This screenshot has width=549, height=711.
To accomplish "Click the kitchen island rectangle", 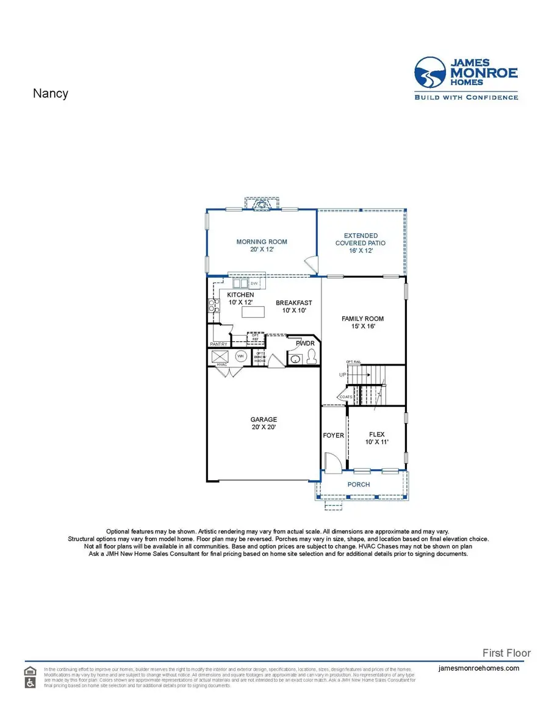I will click(x=254, y=312).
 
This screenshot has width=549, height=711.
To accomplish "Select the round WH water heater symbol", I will click(x=240, y=356).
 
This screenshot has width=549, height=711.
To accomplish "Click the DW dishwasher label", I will click(x=254, y=284).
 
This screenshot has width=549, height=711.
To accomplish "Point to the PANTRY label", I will click(x=218, y=344).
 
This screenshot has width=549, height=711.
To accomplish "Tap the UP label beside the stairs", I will click(x=343, y=374).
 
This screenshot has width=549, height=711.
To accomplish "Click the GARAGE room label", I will click(x=264, y=419).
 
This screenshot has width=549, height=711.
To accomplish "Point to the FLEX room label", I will click(x=376, y=435).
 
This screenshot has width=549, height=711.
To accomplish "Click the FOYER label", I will click(x=333, y=435).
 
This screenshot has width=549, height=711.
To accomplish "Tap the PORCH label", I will click(x=359, y=485).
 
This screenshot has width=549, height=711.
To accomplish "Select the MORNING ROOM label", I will click(x=262, y=242).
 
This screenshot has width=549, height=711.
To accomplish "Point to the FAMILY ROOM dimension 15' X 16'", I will click(x=362, y=327).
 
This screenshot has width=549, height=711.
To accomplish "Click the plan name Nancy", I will click(x=50, y=93).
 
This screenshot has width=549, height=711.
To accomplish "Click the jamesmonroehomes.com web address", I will click(x=479, y=668).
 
